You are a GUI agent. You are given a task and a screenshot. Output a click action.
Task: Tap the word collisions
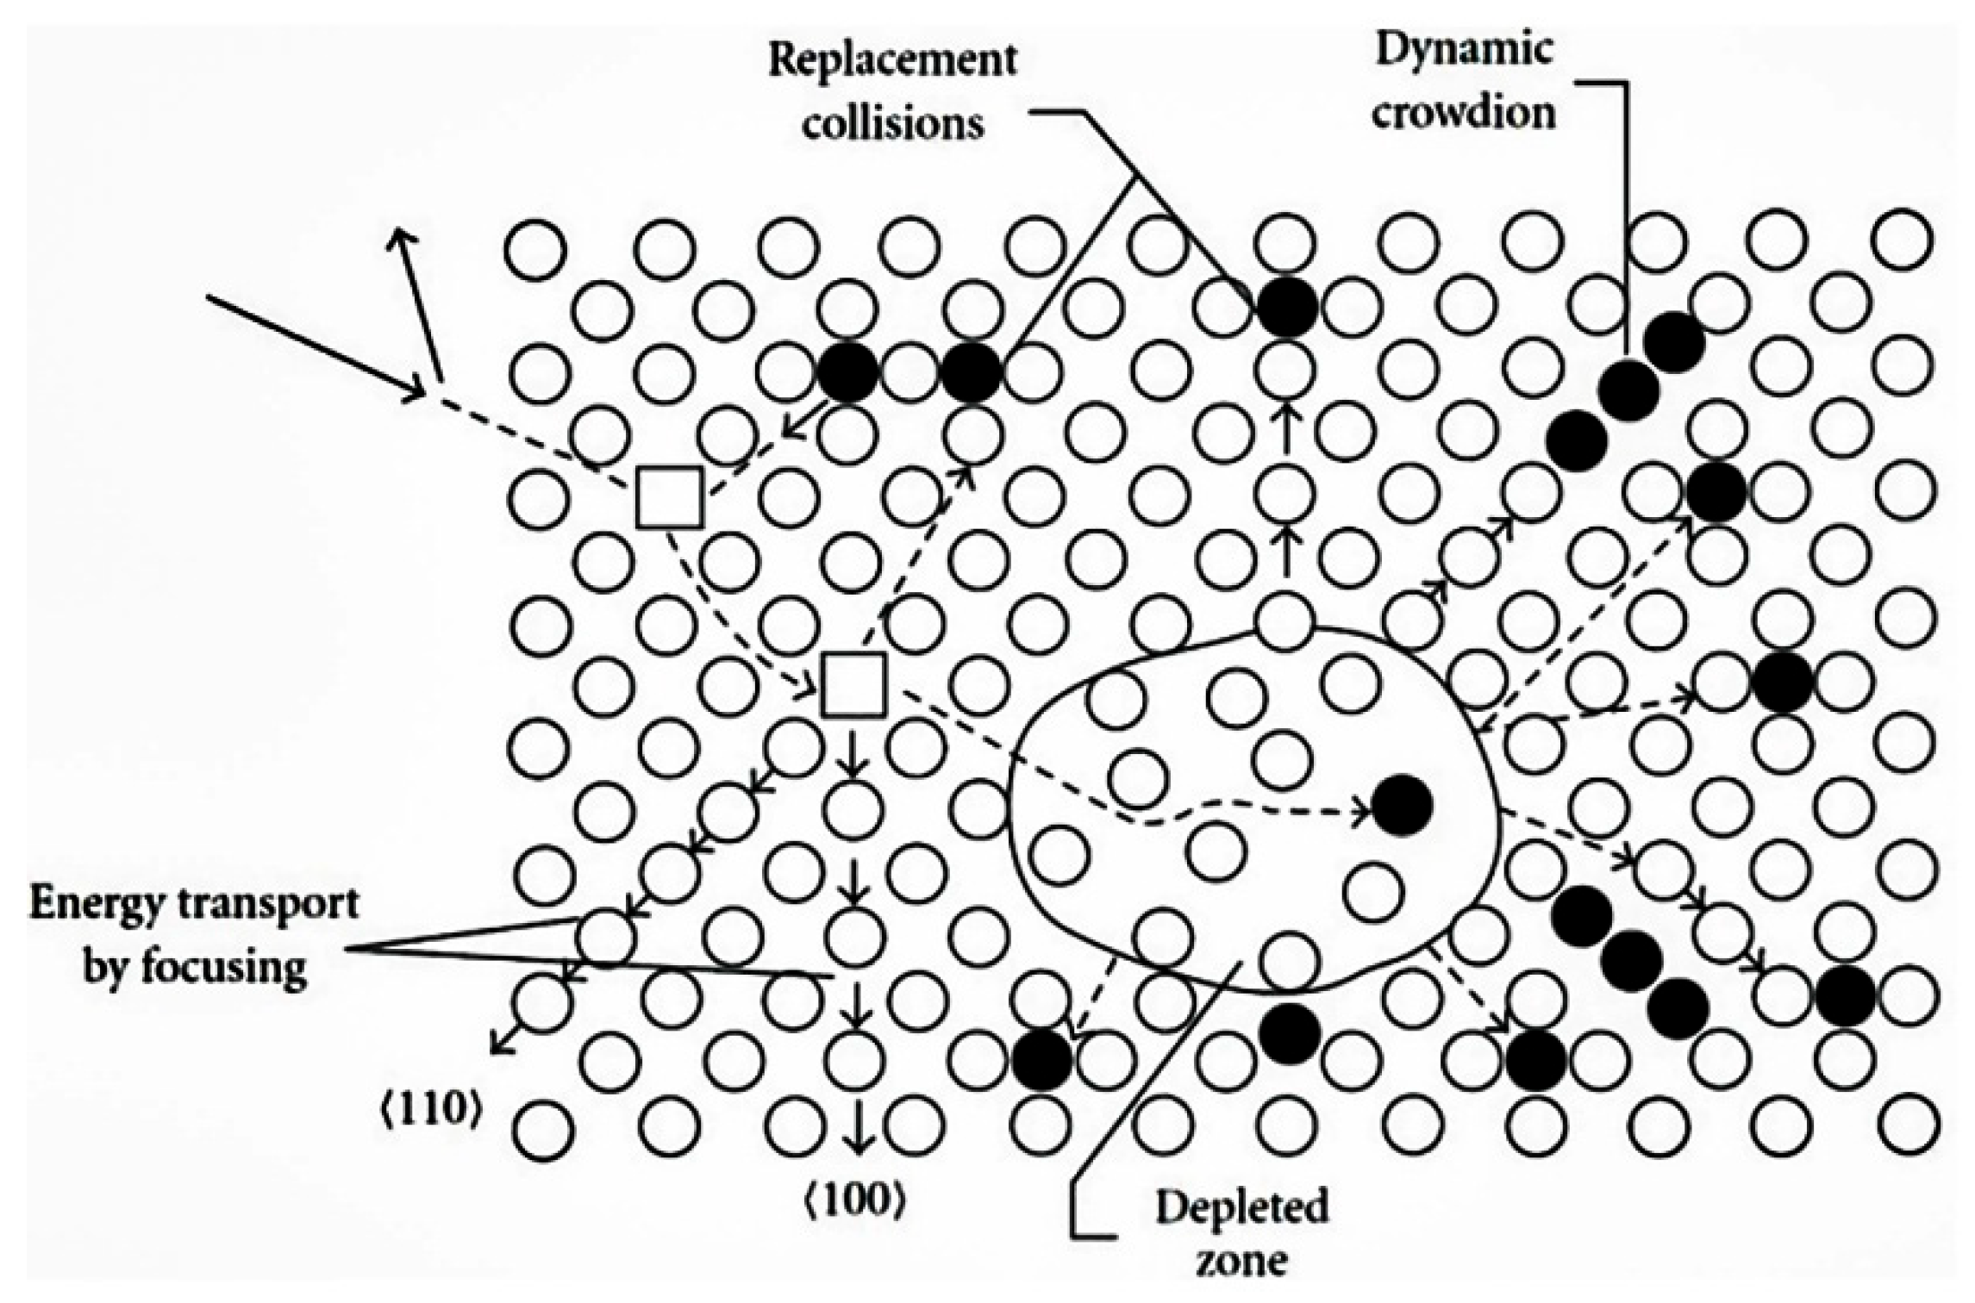click(x=893, y=122)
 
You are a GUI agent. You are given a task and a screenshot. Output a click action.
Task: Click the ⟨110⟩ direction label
click(x=429, y=1112)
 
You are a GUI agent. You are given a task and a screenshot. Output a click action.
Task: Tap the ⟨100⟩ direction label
click(x=854, y=1201)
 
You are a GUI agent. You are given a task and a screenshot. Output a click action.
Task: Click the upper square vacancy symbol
click(x=669, y=496)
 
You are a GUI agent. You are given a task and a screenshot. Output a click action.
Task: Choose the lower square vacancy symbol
click(x=853, y=685)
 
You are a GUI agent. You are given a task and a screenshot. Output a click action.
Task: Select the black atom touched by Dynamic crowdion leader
click(x=1628, y=390)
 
